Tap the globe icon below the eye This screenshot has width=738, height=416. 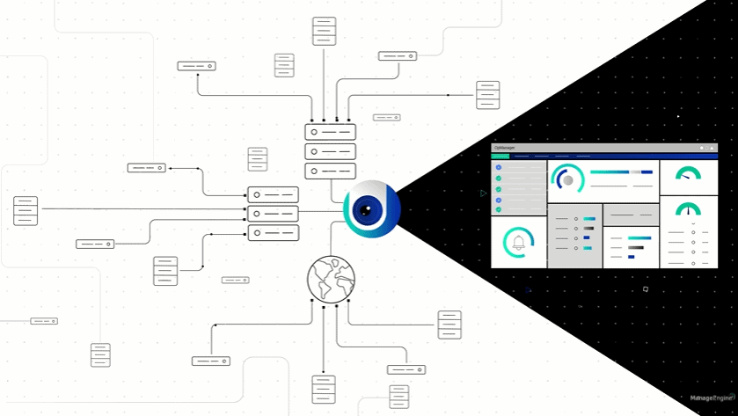pos(331,279)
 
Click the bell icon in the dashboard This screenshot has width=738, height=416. pos(518,242)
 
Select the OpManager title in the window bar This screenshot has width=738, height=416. pos(505,148)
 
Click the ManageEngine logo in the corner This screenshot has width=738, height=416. pos(712,398)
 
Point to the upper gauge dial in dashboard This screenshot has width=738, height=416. pos(688,174)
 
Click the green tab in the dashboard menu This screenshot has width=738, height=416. pos(501,156)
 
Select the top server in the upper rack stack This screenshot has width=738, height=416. pos(330,132)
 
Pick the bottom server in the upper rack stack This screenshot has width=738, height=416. pos(330,171)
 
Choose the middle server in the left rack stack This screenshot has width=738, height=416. pos(273,214)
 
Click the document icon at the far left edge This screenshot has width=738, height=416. pos(26,211)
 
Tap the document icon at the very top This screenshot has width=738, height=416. pos(324,31)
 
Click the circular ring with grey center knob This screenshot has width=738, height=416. pos(568,179)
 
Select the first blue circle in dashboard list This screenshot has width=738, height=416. pos(499,167)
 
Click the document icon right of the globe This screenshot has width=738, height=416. pos(449,325)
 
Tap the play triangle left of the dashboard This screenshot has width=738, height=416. pos(483,193)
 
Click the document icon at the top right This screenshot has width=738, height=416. pos(487,95)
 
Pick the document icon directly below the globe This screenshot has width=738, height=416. pos(324,389)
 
